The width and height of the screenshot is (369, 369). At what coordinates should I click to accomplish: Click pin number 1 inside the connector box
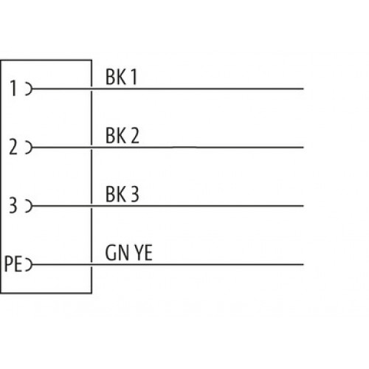13,89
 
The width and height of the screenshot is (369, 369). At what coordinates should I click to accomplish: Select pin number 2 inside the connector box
13,147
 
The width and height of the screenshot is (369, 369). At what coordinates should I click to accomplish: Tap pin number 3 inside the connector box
13,205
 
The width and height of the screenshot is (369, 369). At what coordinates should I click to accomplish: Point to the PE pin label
13,264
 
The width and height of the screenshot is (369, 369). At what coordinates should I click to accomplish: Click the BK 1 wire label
121,77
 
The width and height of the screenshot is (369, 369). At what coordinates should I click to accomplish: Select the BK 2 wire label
123,135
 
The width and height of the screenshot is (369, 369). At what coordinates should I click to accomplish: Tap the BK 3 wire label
123,194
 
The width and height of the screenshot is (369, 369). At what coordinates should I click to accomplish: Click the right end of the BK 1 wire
303,89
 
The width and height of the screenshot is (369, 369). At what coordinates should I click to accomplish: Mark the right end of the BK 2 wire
303,148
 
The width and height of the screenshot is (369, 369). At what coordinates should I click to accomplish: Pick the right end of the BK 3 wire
303,206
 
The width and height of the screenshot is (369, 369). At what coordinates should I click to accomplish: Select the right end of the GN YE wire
303,264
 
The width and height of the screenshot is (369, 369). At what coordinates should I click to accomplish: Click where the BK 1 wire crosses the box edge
92,89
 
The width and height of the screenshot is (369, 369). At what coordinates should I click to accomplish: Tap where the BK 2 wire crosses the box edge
92,148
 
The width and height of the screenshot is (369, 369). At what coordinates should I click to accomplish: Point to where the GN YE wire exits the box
92,264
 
